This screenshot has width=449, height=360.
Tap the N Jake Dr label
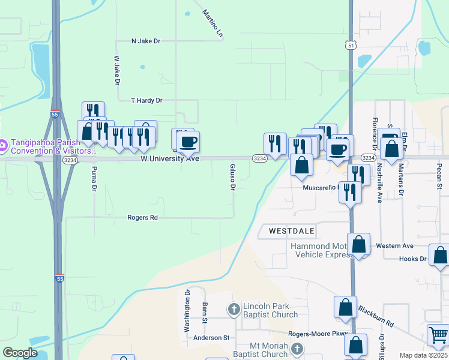coord(146,41)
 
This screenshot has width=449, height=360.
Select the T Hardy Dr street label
coord(146,100)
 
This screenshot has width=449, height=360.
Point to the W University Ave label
coord(170,159)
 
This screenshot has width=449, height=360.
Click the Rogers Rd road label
coord(142,218)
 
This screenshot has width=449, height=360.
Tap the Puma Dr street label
coord(94,179)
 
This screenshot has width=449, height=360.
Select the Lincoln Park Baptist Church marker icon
coord(234,310)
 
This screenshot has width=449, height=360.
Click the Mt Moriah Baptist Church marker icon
coord(297,349)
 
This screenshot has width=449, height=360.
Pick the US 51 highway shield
coord(351,46)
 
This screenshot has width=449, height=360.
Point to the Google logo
coord(20,353)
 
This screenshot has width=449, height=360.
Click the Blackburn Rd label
coord(376,316)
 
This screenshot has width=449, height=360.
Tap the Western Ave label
coord(394,246)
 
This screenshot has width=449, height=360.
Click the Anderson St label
coord(211,338)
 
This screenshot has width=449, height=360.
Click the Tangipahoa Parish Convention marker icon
coord(3,145)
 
